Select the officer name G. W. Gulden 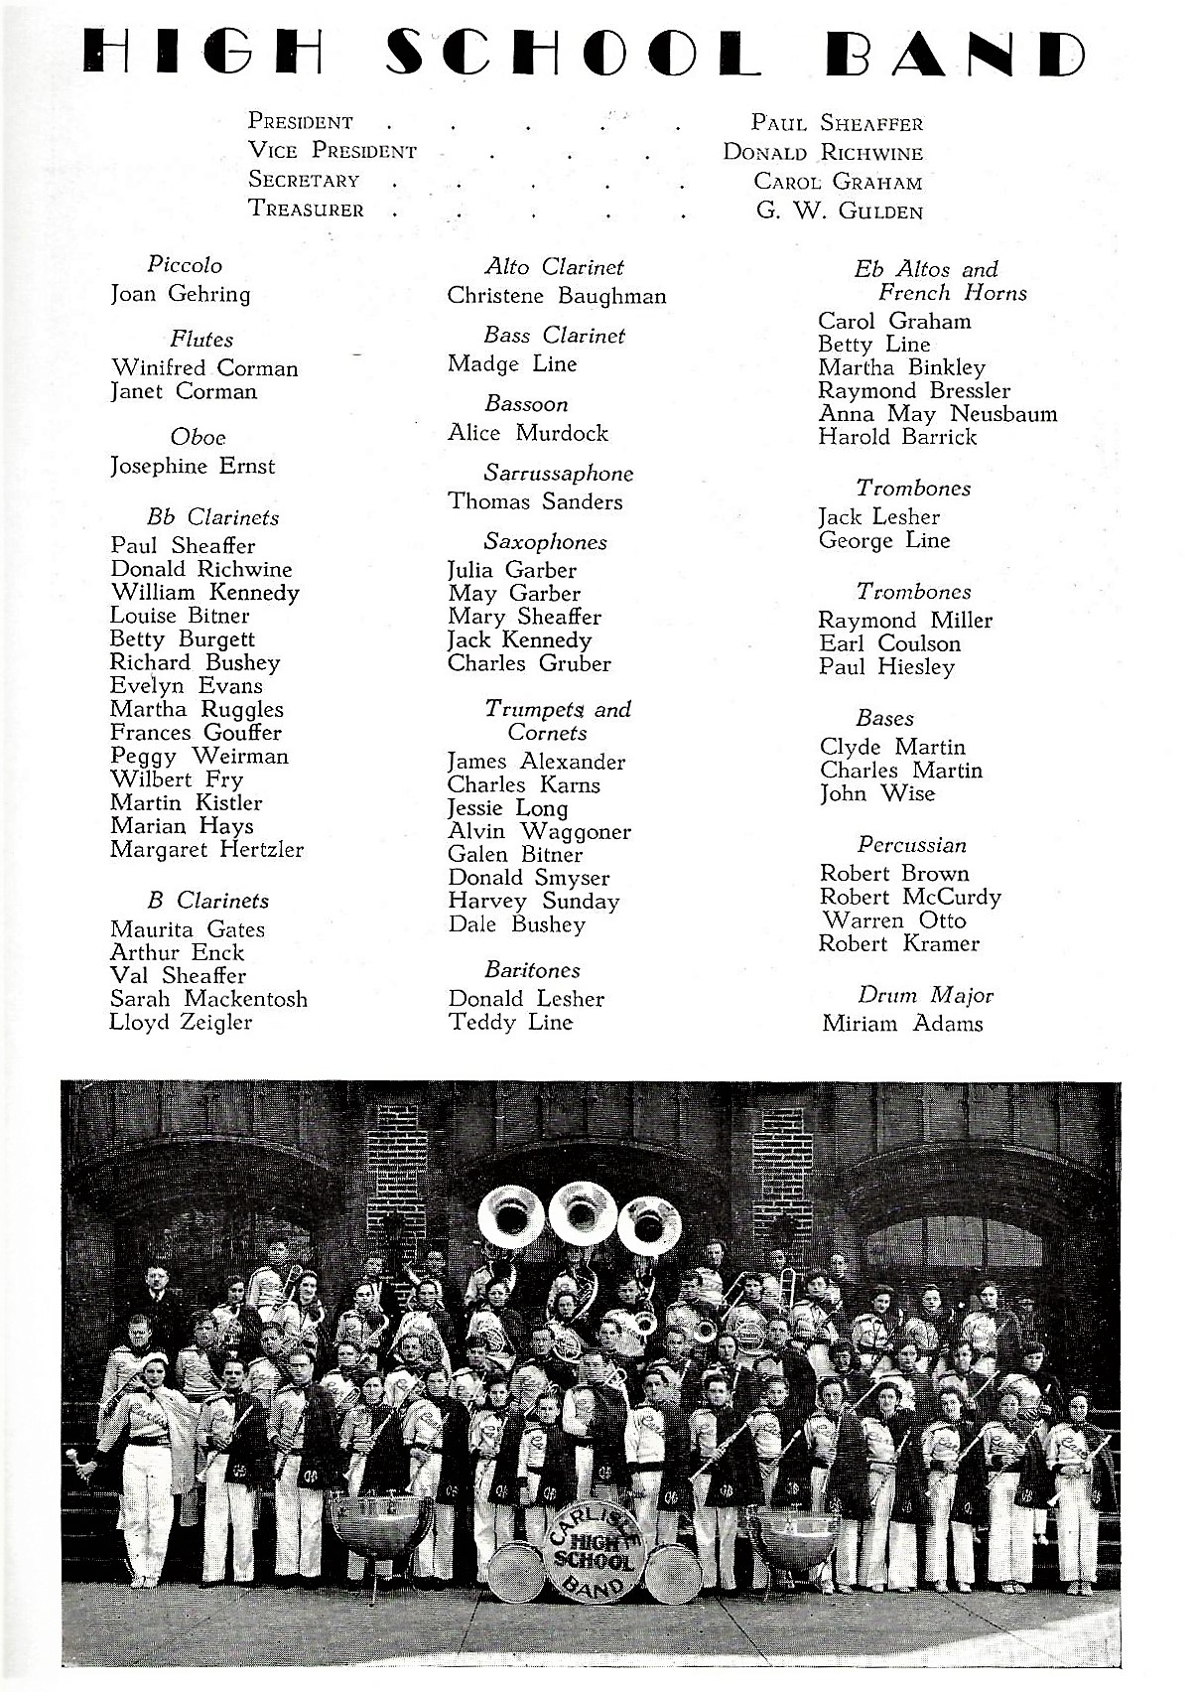pyautogui.click(x=839, y=211)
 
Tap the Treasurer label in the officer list pyautogui.click(x=306, y=210)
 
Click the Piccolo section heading pyautogui.click(x=185, y=265)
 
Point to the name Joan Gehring pyautogui.click(x=180, y=294)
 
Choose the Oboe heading pyautogui.click(x=198, y=437)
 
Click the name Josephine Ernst pyautogui.click(x=193, y=466)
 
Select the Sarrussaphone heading pyautogui.click(x=558, y=474)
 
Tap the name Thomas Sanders pyautogui.click(x=535, y=502)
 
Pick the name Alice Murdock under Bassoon pyautogui.click(x=527, y=433)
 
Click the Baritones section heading pyautogui.click(x=532, y=970)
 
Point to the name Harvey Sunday pyautogui.click(x=533, y=902)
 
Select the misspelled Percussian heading pyautogui.click(x=911, y=845)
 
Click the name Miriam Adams pyautogui.click(x=902, y=1024)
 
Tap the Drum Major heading pyautogui.click(x=925, y=995)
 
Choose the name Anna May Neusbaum pyautogui.click(x=937, y=414)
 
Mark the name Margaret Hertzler pyautogui.click(x=206, y=850)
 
